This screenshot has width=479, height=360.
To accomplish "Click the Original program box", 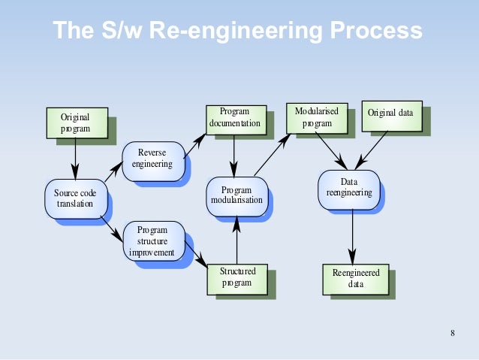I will click(x=75, y=123).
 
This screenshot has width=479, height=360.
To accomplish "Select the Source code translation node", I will click(x=75, y=198).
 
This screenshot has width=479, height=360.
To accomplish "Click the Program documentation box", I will click(x=235, y=119).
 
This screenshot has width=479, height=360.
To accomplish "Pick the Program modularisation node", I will click(x=236, y=195).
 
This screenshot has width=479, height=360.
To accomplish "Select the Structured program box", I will click(x=237, y=277).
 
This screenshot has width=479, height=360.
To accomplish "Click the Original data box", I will click(x=390, y=114).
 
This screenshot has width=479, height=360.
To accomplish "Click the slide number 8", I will click(x=452, y=334).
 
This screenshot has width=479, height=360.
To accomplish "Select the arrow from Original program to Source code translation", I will click(x=75, y=157).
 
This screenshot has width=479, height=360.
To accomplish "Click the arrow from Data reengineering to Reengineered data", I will click(x=352, y=236).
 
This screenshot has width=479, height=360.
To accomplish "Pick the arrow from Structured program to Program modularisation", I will click(x=236, y=239).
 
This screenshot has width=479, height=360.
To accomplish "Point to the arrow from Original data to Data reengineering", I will click(x=371, y=150).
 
